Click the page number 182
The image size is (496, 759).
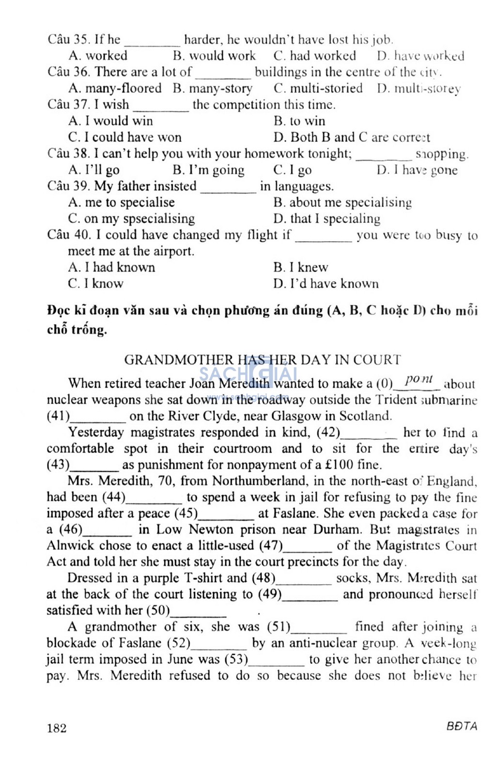[57, 728]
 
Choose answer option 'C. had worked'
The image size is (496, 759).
[314, 56]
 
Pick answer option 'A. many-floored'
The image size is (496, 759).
[115, 88]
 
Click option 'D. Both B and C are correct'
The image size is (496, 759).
[351, 137]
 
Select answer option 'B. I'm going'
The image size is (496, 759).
[208, 170]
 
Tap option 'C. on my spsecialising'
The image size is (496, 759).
[131, 219]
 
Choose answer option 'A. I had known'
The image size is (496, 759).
[111, 267]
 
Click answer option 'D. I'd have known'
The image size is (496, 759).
[325, 283]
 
